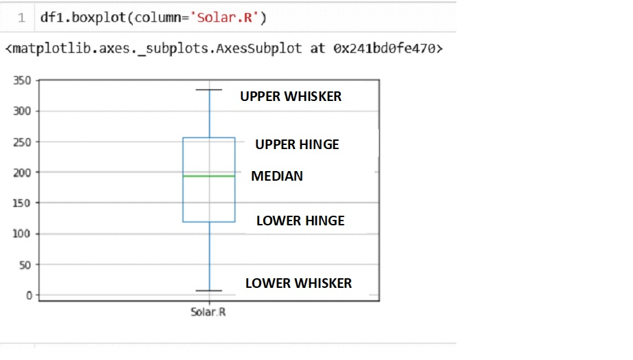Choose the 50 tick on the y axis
pos(25,265)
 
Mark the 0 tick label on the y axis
pos(28,295)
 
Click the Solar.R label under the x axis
pos(209,313)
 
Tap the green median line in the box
pos(209,176)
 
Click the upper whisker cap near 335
pos(209,90)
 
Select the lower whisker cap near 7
pos(209,291)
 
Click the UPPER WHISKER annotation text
pos(290,97)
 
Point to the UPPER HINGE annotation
pos(297,144)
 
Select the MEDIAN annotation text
pos(276,177)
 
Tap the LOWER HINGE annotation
pos(300,221)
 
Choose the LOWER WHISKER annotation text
pos(298,283)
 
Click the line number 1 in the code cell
pos(22,17)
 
